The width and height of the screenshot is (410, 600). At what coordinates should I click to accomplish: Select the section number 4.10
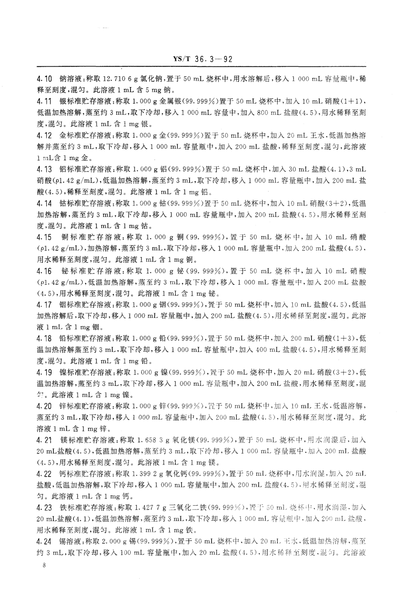[44, 79]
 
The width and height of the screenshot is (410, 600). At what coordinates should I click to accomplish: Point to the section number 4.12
[44, 136]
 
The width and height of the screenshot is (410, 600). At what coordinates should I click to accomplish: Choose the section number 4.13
[44, 169]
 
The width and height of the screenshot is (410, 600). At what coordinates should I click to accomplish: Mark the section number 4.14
[44, 203]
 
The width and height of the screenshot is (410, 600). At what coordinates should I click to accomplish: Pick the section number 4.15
[44, 237]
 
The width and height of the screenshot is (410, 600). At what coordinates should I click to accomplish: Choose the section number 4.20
[44, 406]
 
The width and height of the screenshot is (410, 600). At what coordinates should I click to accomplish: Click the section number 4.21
[44, 440]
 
